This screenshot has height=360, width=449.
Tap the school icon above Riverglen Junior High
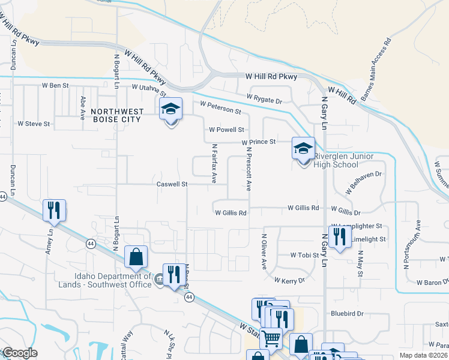point(303,148)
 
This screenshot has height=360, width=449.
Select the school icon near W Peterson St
point(171,109)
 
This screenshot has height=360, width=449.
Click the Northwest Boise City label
point(117,115)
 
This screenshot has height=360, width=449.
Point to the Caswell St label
point(172,184)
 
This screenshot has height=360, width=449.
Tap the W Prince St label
point(259,142)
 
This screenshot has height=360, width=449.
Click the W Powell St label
point(226,130)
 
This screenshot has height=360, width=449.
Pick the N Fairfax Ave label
point(213,163)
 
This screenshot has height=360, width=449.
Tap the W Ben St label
point(55,86)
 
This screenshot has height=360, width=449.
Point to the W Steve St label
point(34,124)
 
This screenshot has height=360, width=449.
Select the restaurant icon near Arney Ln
point(54,210)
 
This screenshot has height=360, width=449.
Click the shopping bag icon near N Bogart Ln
point(136,256)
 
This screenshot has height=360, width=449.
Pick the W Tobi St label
point(304,255)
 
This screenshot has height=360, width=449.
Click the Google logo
point(19,353)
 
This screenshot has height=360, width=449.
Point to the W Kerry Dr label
point(290,280)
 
